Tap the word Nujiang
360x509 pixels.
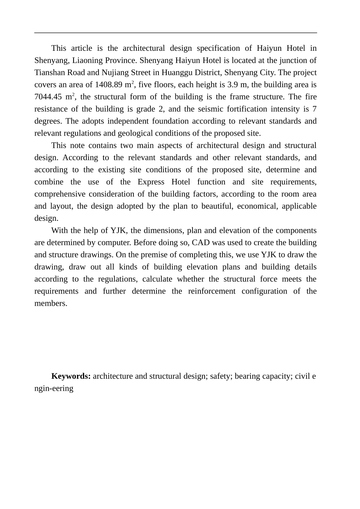[x=114, y=73]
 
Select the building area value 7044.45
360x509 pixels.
[x=48, y=97]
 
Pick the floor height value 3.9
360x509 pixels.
[x=232, y=85]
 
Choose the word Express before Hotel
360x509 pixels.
[x=151, y=182]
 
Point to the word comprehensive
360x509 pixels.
[x=60, y=194]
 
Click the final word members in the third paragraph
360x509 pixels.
[x=50, y=303]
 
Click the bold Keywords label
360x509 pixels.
[x=71, y=376]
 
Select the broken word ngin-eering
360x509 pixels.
[x=54, y=388]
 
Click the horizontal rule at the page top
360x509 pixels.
[x=175, y=33]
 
